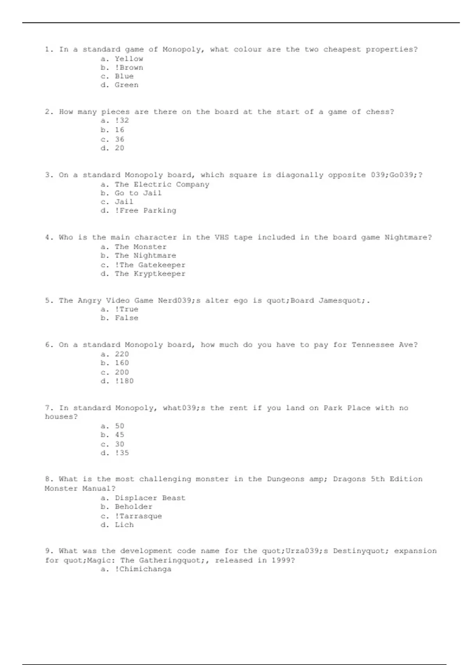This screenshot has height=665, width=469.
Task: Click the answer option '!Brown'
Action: point(129,68)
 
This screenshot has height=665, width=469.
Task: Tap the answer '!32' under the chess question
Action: point(122,120)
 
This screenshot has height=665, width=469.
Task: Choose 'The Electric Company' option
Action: point(162,184)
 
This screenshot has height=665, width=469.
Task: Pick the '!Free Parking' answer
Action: point(145,210)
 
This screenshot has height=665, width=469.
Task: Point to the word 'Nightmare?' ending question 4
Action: point(408,237)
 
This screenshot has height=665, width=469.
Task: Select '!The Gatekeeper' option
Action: point(150,265)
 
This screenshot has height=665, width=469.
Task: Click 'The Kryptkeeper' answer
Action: point(150,274)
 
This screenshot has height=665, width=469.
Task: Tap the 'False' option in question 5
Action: point(126,318)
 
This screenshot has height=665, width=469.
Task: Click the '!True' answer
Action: point(126,309)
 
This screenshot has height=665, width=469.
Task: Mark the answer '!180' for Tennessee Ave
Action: point(124,381)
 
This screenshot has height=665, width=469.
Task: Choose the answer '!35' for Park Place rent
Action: point(122,453)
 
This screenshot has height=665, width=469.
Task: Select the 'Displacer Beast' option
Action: point(150,498)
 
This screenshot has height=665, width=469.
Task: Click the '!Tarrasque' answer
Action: point(138,516)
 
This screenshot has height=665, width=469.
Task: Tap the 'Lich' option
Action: point(124,525)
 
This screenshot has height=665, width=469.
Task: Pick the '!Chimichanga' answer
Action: point(143,569)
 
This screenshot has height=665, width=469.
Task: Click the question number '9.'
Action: point(49,551)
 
